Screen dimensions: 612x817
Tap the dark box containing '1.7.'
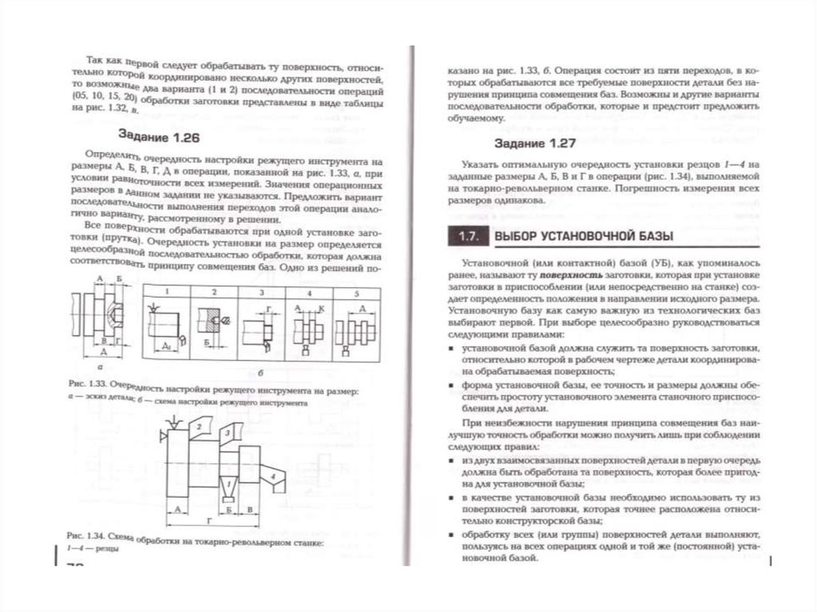467,236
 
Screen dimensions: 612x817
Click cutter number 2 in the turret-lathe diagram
196,428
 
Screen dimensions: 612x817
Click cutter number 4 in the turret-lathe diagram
274,476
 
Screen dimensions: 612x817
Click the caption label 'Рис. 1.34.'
83,533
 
